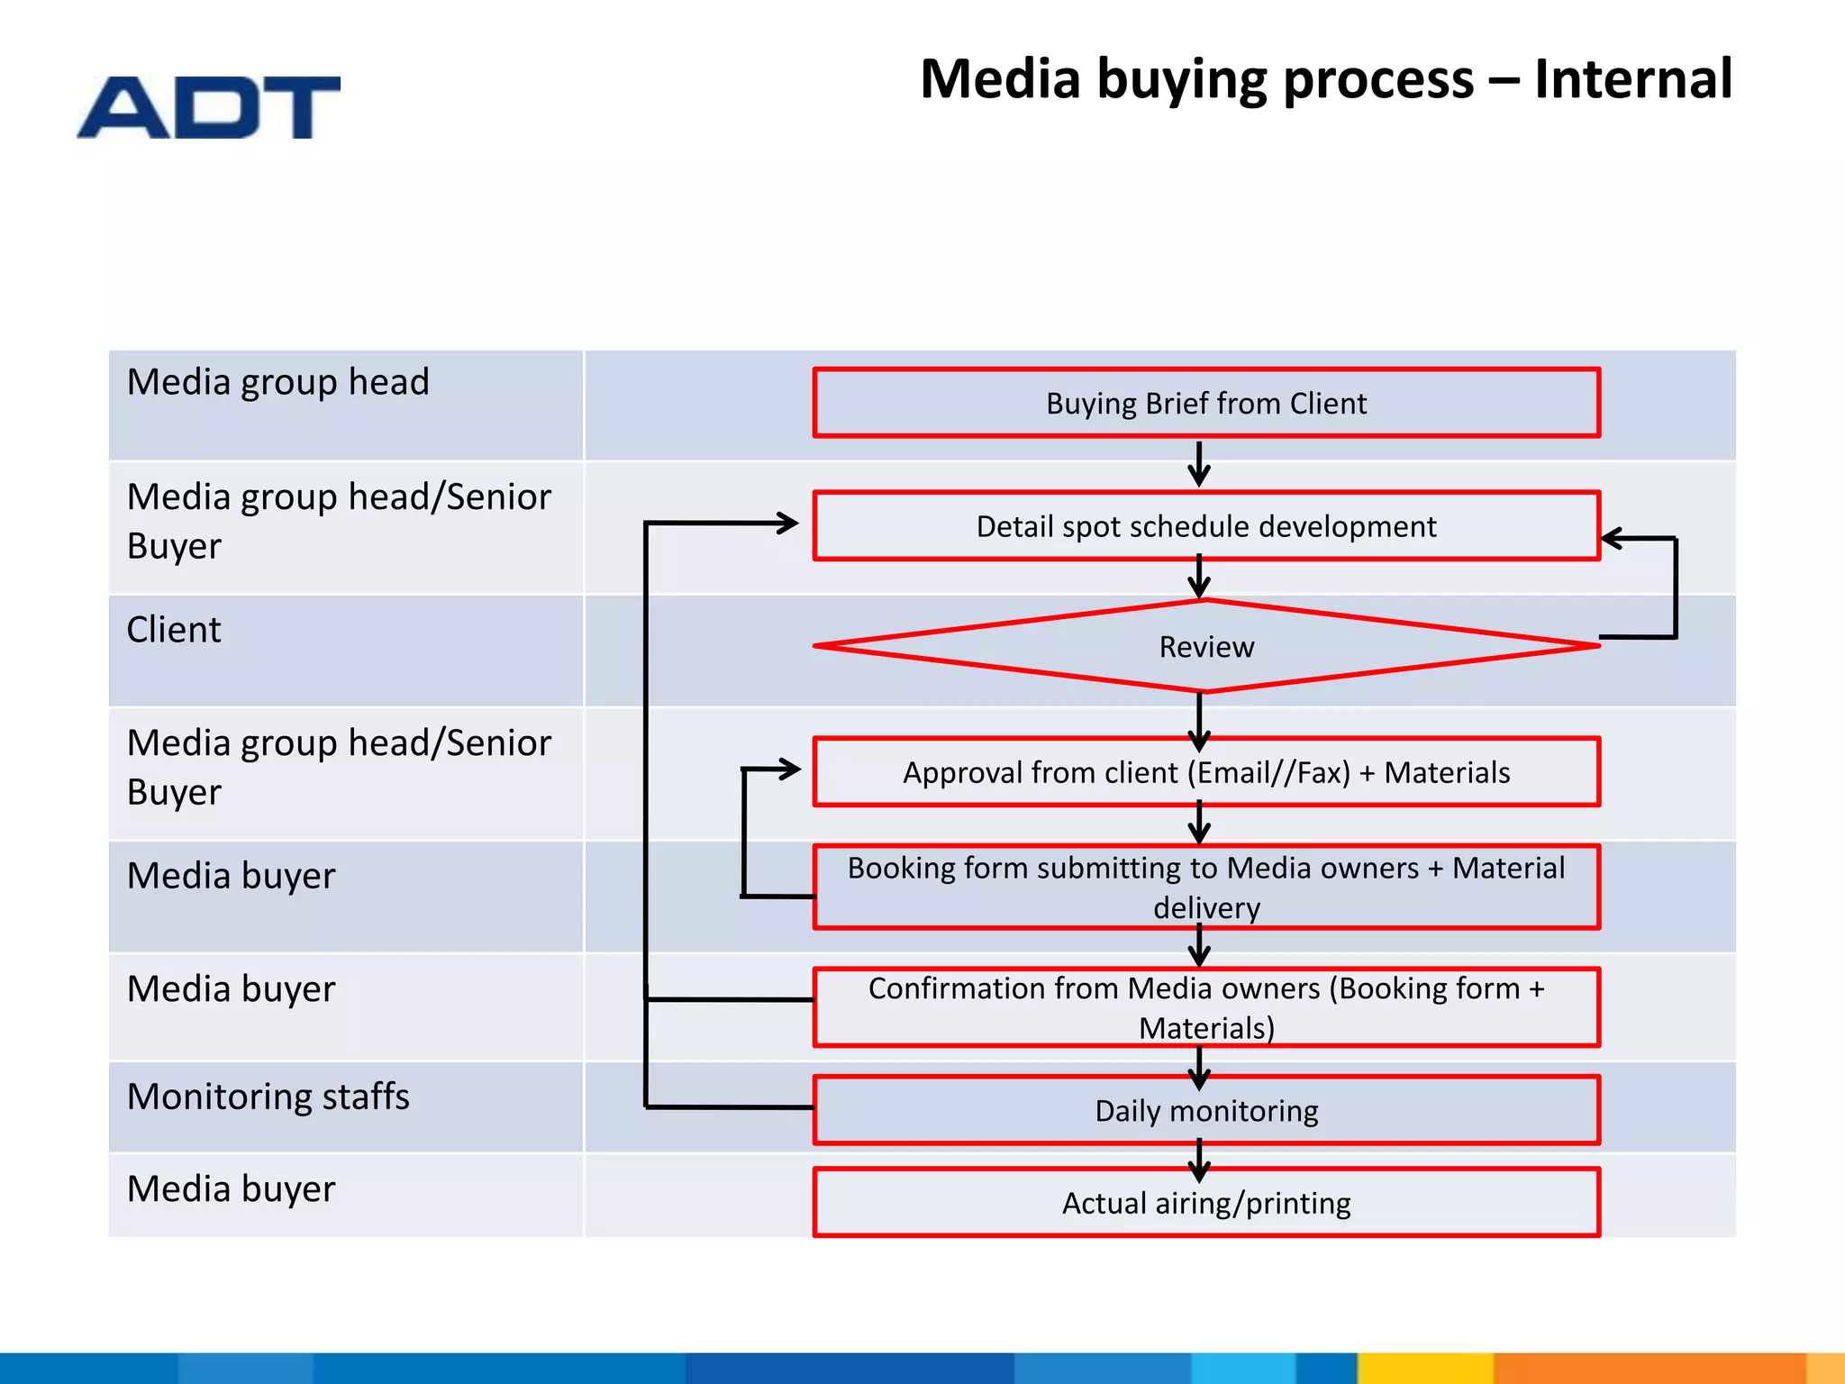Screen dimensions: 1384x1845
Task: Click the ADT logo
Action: click(209, 107)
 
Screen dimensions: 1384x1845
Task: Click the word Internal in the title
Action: click(1632, 78)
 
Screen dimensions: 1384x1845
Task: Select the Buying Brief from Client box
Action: click(1205, 403)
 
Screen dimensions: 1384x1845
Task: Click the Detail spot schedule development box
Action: click(1205, 526)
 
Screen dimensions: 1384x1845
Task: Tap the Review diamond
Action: click(1205, 646)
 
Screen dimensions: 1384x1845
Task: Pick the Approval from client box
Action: click(1205, 772)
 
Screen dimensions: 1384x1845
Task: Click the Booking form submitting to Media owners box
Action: click(1205, 887)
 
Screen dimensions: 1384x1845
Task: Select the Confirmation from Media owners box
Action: click(1205, 1007)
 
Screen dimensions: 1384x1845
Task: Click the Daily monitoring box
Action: click(1205, 1110)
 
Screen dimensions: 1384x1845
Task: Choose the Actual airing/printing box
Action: click(1205, 1203)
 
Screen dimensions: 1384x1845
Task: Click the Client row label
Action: click(174, 630)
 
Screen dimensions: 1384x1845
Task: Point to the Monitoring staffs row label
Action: click(268, 1097)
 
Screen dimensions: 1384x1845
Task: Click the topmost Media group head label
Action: click(277, 382)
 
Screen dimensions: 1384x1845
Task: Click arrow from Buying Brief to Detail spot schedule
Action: click(1199, 464)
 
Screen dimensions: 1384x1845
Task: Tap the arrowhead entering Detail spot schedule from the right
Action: click(1613, 539)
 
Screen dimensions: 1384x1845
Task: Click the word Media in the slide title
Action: click(999, 78)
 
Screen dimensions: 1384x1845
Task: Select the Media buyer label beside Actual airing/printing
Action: click(231, 1188)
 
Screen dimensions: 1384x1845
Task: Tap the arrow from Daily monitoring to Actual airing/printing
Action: click(1199, 1160)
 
